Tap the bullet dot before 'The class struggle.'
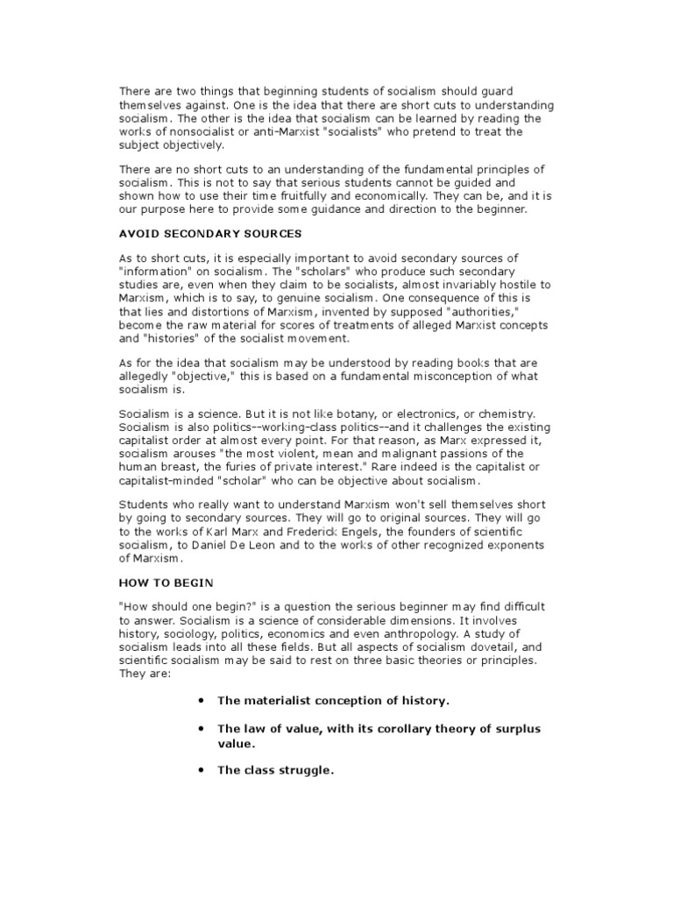(202, 771)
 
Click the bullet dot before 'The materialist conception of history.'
(202, 702)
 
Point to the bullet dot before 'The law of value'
(202, 729)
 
